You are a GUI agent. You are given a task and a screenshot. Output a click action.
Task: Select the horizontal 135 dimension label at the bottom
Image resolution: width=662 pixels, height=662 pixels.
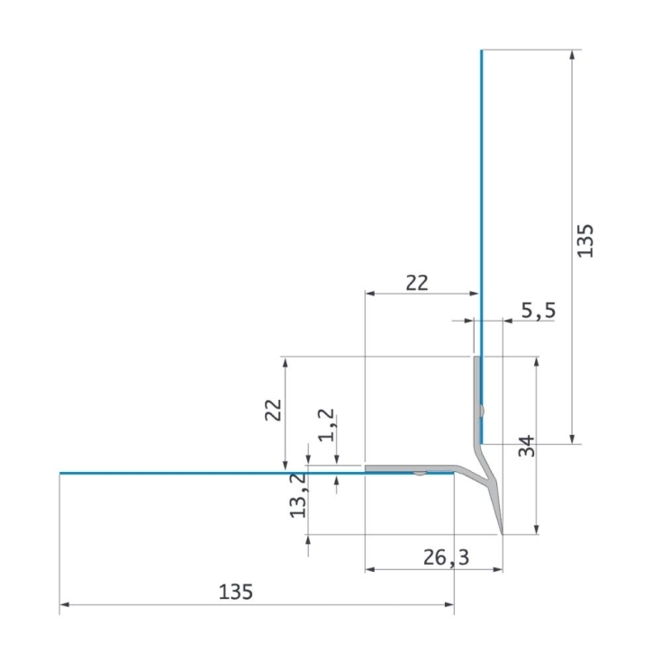click(236, 592)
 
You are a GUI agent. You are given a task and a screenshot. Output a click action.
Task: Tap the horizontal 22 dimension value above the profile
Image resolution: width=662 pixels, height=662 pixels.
click(415, 283)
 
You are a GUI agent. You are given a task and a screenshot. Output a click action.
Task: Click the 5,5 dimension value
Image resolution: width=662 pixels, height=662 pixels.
click(538, 311)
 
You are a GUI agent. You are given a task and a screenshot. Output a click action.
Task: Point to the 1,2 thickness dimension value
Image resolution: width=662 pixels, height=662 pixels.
click(327, 424)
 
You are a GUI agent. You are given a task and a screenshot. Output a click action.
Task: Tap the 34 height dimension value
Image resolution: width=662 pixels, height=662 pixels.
click(527, 445)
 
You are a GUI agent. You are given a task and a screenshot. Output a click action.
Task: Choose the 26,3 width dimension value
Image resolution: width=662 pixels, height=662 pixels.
click(447, 558)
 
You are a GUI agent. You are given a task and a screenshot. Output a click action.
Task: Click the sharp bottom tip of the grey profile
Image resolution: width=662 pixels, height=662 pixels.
click(502, 532)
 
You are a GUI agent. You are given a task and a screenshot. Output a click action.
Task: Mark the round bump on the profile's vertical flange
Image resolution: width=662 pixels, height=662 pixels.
click(484, 411)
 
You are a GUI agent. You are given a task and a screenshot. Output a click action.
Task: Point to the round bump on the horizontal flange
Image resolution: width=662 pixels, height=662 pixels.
click(419, 472)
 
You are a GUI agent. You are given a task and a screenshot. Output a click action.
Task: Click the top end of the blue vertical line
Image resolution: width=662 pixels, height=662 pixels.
click(481, 51)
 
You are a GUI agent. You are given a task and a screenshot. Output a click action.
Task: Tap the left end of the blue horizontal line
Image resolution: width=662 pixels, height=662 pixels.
click(61, 473)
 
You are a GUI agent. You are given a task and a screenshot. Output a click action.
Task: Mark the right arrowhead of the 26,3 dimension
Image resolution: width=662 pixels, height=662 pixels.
click(497, 569)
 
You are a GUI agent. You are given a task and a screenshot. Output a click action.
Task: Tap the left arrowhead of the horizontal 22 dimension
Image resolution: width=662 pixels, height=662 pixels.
click(368, 294)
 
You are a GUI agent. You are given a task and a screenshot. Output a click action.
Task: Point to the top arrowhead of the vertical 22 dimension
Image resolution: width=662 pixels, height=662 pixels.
click(286, 361)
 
